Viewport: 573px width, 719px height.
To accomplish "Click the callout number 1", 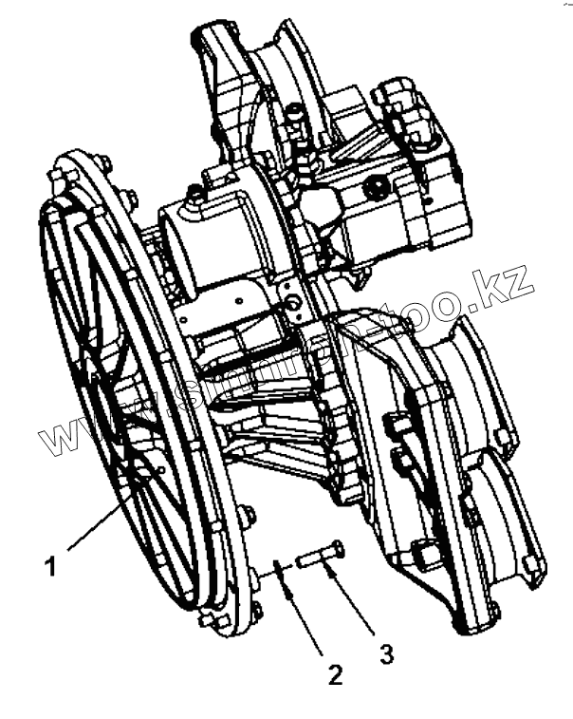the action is tap(51, 567).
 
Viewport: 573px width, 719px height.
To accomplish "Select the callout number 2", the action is tap(334, 674).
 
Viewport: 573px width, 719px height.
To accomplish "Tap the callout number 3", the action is tap(384, 653).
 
